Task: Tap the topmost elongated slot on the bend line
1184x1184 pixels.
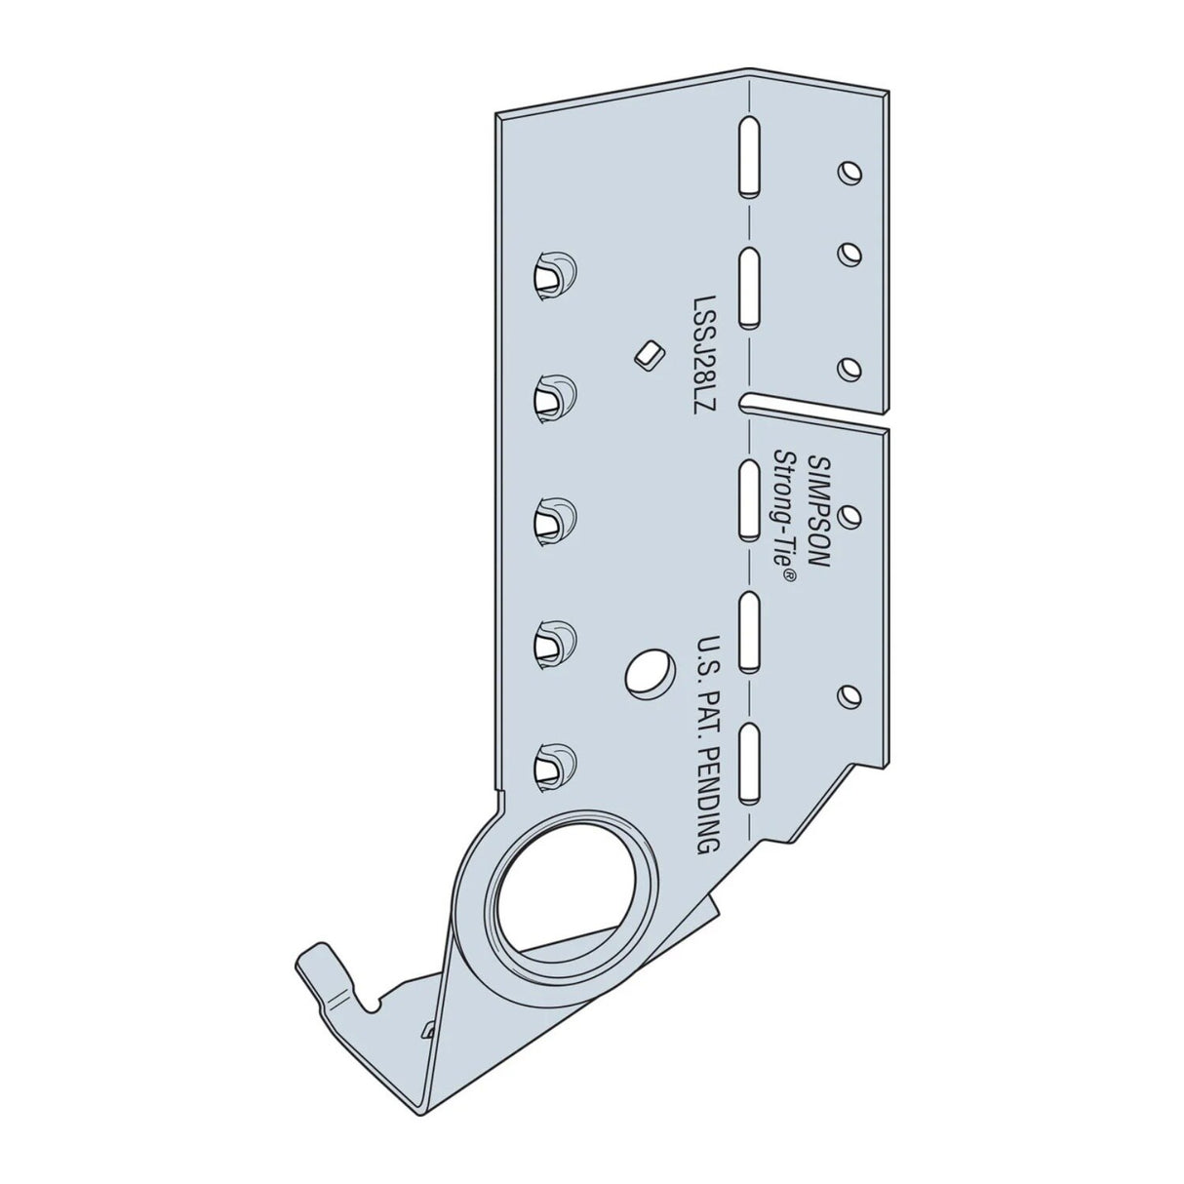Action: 748,156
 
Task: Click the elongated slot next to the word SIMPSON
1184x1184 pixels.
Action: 748,498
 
